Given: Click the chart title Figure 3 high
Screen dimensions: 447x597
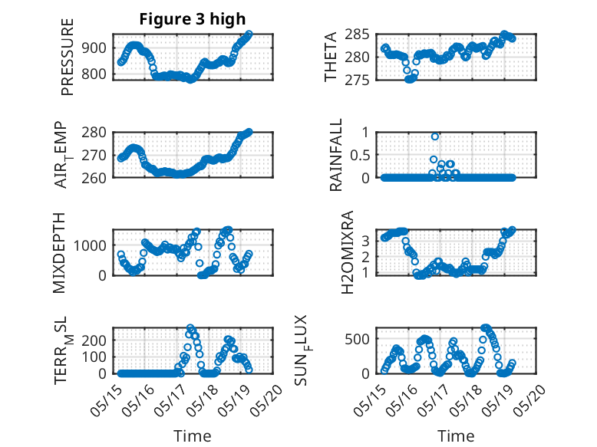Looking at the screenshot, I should click(193, 19).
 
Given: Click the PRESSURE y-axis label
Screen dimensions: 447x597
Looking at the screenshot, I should click(68, 57).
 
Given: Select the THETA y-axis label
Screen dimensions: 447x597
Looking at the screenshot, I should click(331, 57).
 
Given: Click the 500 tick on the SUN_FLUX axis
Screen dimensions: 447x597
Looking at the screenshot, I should click(359, 338).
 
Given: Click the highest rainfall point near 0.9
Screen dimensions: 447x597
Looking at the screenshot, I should click(435, 136).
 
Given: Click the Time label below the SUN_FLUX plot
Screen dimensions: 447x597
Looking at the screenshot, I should click(456, 435).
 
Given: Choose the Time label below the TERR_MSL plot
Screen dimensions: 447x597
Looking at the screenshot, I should click(193, 435).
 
